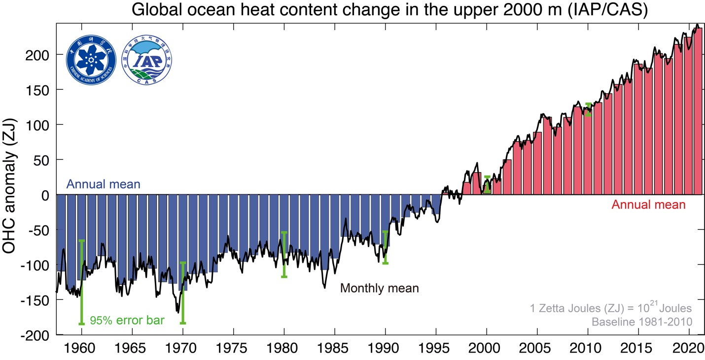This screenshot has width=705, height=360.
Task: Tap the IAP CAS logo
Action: [146, 59]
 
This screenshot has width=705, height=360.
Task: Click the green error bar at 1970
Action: [182, 293]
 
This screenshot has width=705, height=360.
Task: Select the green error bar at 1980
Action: [284, 254]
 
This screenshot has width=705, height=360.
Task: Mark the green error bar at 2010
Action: [588, 109]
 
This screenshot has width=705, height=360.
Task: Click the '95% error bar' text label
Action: [127, 321]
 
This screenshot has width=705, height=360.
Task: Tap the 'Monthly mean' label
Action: [379, 288]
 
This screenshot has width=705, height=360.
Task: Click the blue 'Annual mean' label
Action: [104, 185]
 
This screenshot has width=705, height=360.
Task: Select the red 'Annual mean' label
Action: [648, 205]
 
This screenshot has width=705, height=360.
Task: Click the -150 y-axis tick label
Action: [35, 300]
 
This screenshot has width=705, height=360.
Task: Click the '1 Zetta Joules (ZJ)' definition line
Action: [611, 308]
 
